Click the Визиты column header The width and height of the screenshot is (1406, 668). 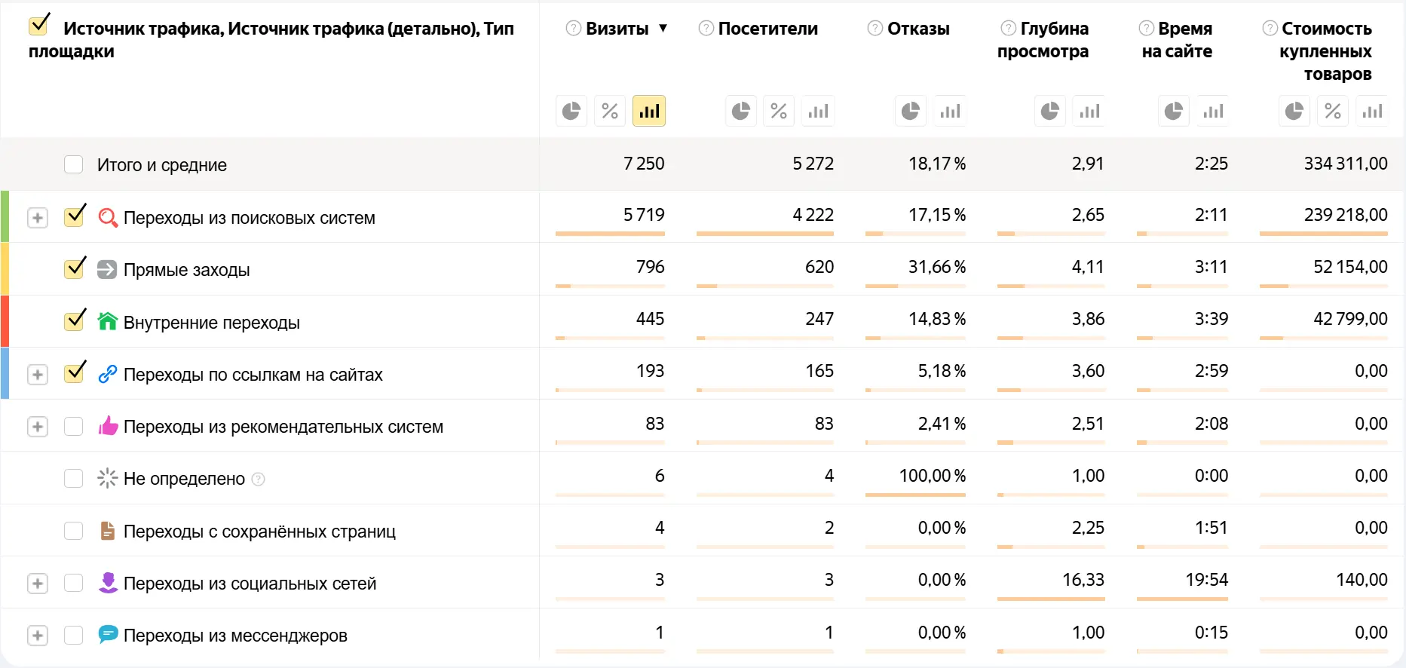pyautogui.click(x=617, y=29)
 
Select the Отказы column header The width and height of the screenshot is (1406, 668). pyautogui.click(x=917, y=29)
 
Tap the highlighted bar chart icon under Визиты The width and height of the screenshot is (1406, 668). pyautogui.click(x=649, y=112)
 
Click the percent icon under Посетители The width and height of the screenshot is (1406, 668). pyautogui.click(x=779, y=112)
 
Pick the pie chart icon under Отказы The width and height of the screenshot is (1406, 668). pyautogui.click(x=911, y=112)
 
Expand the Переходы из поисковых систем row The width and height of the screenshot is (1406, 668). pyautogui.click(x=38, y=218)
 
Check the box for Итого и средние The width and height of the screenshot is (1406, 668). pyautogui.click(x=73, y=164)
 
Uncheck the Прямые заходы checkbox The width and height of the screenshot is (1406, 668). pyautogui.click(x=74, y=269)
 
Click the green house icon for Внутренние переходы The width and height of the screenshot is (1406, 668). pyautogui.click(x=108, y=322)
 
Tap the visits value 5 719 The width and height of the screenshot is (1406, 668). pyautogui.click(x=644, y=215)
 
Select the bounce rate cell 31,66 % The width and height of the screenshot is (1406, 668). pyautogui.click(x=936, y=267)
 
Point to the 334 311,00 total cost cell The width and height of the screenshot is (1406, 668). pyautogui.click(x=1345, y=164)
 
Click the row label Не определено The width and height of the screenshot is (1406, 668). pyautogui.click(x=184, y=479)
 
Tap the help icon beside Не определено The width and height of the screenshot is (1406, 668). pyautogui.click(x=258, y=479)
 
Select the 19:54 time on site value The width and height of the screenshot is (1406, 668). pyautogui.click(x=1206, y=580)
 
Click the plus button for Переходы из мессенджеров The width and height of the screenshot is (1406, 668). pyautogui.click(x=38, y=636)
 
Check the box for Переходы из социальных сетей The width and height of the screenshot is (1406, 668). pyautogui.click(x=73, y=583)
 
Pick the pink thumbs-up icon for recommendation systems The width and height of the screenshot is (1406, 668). pyautogui.click(x=108, y=426)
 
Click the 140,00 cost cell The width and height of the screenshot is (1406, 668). pyautogui.click(x=1362, y=580)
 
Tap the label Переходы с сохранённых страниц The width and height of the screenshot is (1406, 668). pyautogui.click(x=259, y=532)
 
